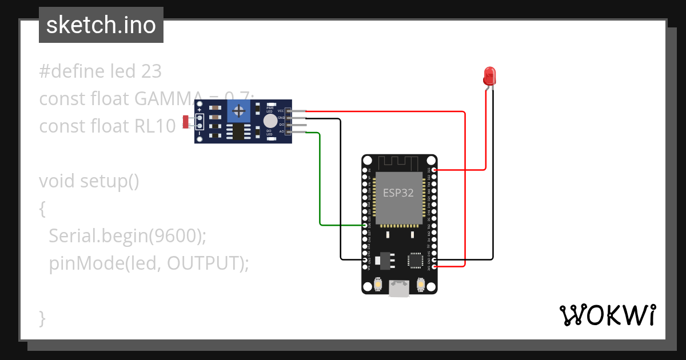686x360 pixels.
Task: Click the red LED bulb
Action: click(x=489, y=75)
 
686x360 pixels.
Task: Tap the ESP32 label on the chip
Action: click(x=398, y=193)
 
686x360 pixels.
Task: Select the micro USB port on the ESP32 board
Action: click(x=399, y=289)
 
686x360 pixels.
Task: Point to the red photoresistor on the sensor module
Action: click(x=185, y=121)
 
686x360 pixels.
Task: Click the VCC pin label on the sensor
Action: click(x=281, y=110)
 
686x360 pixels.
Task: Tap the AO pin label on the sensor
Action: click(x=281, y=131)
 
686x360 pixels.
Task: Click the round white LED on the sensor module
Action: click(x=269, y=121)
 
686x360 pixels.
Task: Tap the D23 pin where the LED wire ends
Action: click(x=434, y=170)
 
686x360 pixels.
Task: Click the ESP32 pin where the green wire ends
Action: click(x=366, y=225)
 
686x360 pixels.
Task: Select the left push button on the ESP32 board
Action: click(x=378, y=283)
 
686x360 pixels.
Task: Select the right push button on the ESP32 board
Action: click(x=420, y=283)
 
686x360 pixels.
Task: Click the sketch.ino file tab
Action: click(x=101, y=25)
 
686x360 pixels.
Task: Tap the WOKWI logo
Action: click(x=607, y=315)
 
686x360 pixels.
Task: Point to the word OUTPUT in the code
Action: click(x=205, y=263)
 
